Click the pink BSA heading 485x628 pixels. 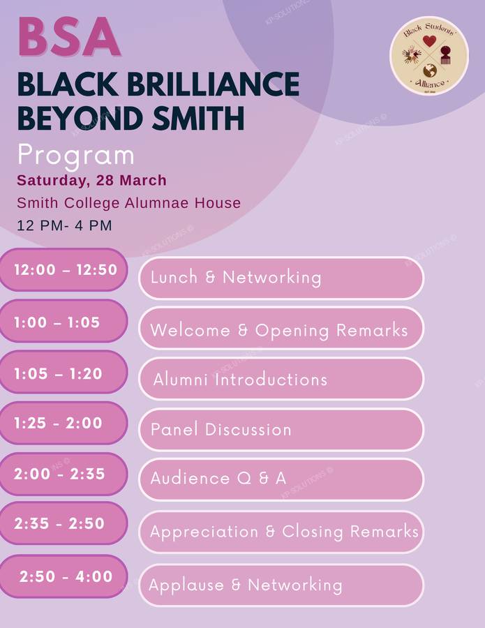[69, 36]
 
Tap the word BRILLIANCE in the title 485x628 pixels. [213, 84]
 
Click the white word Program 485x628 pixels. [75, 156]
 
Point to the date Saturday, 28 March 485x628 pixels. [91, 181]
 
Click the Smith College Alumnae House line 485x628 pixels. [128, 202]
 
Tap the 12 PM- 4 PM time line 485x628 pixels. [64, 225]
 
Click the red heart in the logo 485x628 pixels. [429, 41]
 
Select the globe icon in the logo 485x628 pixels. [430, 71]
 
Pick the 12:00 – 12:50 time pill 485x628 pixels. [64, 270]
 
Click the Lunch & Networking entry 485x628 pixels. [281, 278]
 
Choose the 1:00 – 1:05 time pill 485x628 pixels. [64, 322]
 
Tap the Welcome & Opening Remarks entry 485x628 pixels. [281, 329]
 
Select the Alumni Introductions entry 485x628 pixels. [281, 379]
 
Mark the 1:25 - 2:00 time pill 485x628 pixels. [64, 424]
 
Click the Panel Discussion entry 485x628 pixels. [281, 430]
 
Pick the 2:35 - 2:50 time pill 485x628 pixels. [64, 523]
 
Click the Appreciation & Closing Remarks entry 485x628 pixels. [281, 532]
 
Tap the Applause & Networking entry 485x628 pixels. [281, 585]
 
